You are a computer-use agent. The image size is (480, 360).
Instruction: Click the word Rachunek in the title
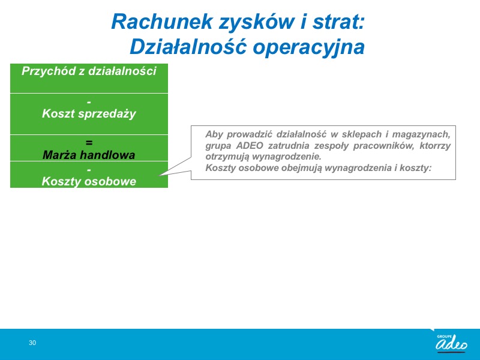click(162, 22)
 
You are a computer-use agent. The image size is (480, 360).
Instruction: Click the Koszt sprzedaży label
click(89, 113)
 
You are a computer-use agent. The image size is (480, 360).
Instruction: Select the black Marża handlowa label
click(89, 155)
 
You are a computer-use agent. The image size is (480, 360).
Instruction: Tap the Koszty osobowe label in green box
click(89, 181)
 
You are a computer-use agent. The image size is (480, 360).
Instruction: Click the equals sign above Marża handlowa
click(89, 143)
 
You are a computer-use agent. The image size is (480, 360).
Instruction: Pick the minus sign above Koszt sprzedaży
click(89, 101)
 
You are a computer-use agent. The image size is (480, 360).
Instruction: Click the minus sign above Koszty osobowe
click(89, 169)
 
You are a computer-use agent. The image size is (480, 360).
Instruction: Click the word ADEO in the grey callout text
click(250, 145)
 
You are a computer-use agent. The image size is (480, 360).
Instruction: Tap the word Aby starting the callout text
click(214, 134)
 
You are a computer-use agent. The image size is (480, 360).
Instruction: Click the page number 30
click(32, 343)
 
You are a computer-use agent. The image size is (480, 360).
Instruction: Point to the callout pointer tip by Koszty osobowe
click(159, 176)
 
